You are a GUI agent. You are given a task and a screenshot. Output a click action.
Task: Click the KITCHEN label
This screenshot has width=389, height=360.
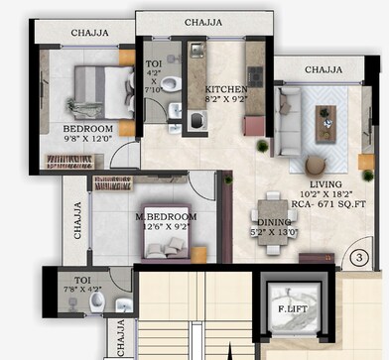point(225,88)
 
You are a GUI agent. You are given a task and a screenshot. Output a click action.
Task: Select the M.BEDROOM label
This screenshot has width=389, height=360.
point(166,215)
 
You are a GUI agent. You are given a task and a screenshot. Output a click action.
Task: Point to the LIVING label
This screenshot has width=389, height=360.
point(326,184)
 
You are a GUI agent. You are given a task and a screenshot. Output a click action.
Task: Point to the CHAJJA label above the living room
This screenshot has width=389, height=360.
point(324,69)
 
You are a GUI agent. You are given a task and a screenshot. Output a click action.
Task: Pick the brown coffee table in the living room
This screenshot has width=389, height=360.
point(326,123)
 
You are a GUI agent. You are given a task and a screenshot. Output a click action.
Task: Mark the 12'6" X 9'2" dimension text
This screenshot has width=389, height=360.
point(167,226)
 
